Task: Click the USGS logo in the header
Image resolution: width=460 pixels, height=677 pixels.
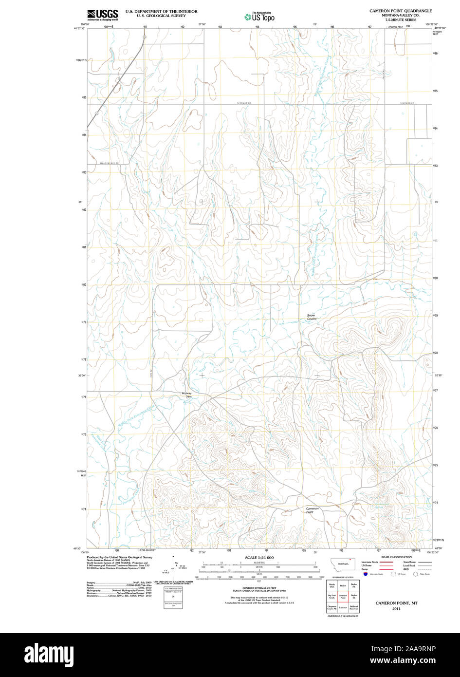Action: click(x=102, y=15)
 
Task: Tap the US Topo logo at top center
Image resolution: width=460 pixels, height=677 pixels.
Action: click(x=259, y=17)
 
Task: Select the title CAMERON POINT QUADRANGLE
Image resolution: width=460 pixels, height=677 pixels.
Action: click(x=400, y=11)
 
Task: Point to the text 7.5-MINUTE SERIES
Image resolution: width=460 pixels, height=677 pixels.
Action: click(x=400, y=20)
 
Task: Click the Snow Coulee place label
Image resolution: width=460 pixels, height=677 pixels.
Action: click(x=311, y=317)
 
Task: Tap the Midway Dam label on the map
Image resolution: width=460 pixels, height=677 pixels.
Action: click(x=187, y=395)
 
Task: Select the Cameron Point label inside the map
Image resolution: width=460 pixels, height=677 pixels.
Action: click(x=313, y=510)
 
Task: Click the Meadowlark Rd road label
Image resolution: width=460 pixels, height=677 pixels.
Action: click(x=113, y=163)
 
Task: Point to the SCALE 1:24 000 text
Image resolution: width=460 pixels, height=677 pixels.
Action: click(x=259, y=558)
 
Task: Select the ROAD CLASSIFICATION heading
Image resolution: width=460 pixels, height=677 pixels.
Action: click(x=397, y=557)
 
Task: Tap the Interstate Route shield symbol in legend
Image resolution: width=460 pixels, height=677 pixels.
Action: click(x=366, y=575)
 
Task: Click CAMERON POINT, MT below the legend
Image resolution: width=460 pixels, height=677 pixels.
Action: click(x=396, y=603)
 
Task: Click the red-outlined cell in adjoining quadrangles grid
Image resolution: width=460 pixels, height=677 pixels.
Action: click(x=343, y=596)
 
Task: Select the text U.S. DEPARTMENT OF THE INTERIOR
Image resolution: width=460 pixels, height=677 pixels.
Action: click(x=154, y=11)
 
